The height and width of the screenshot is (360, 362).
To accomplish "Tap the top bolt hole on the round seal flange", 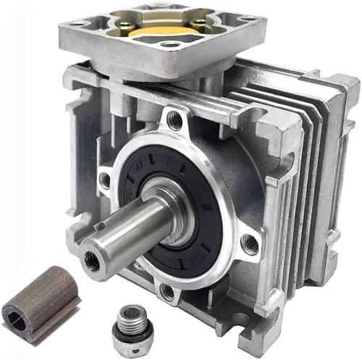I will point(174,120).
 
